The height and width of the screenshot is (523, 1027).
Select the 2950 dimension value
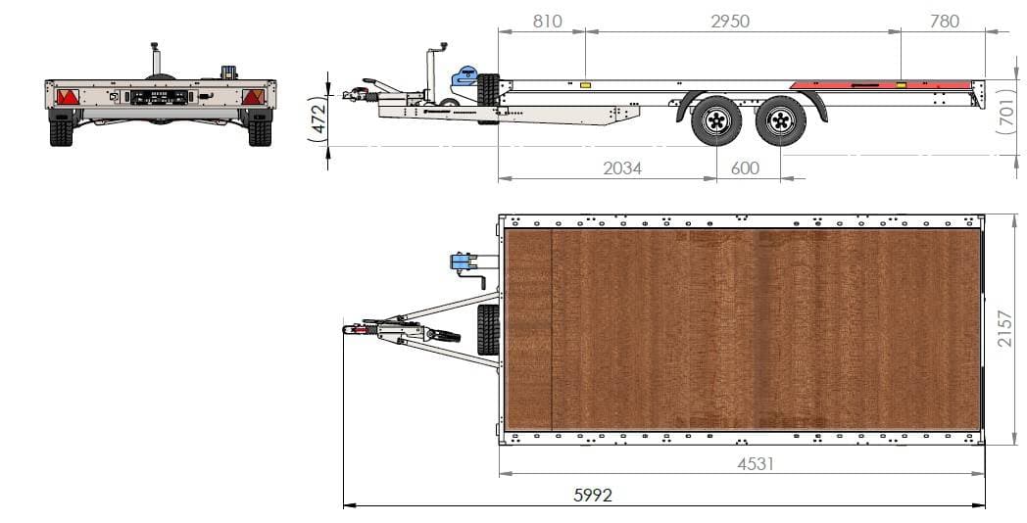[729, 21]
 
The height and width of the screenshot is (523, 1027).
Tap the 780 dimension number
[944, 21]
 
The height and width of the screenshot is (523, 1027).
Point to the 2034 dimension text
[622, 168]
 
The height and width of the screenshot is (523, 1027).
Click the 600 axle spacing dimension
[745, 168]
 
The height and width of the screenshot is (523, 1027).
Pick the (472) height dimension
[318, 119]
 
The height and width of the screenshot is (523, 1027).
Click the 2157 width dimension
[1005, 329]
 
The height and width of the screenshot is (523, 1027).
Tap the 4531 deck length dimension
[756, 463]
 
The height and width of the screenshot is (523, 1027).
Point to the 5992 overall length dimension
[593, 496]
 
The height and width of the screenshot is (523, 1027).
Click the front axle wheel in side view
[715, 120]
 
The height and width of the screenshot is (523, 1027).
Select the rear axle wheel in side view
[781, 120]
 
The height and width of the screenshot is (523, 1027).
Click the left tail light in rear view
[68, 97]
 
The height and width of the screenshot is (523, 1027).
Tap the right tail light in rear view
[253, 97]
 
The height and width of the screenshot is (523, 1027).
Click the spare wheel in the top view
[487, 329]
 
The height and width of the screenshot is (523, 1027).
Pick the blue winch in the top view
[459, 261]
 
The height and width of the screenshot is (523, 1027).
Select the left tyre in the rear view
[61, 131]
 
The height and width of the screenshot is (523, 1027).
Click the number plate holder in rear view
[159, 97]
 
